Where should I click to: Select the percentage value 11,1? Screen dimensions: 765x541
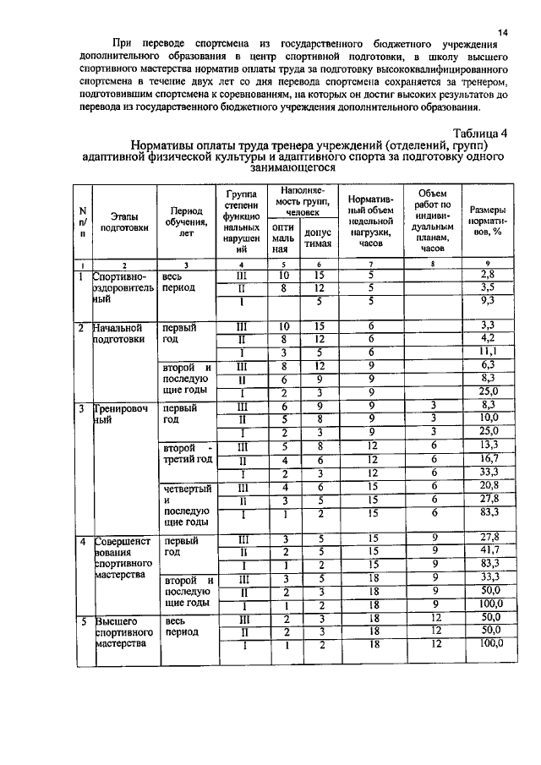click(486, 352)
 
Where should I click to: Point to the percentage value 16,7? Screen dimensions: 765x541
click(486, 460)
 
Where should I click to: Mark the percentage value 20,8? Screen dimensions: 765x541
click(486, 487)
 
